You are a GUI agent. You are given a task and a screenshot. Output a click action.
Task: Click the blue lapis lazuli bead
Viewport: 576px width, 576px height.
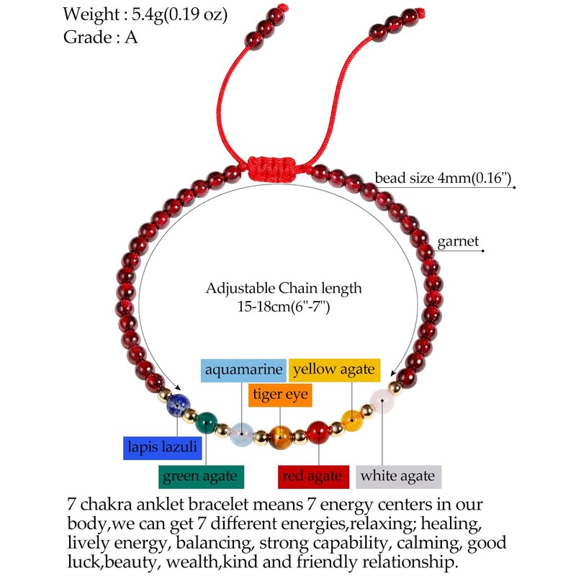(x=176, y=405)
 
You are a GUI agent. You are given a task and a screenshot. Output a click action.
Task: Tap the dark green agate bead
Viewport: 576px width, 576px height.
(x=205, y=420)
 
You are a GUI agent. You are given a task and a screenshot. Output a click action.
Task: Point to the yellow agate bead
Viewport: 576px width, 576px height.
(x=351, y=419)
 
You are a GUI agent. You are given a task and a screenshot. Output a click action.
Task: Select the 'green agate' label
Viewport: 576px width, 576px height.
(x=202, y=476)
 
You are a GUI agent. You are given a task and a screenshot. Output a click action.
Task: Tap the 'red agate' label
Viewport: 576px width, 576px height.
(x=314, y=476)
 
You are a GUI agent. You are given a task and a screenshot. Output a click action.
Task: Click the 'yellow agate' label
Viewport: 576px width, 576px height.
(x=333, y=370)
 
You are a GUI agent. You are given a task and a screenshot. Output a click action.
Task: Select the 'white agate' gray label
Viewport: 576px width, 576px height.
(x=398, y=476)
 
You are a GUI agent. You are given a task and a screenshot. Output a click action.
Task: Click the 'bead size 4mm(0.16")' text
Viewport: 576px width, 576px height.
(x=442, y=178)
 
